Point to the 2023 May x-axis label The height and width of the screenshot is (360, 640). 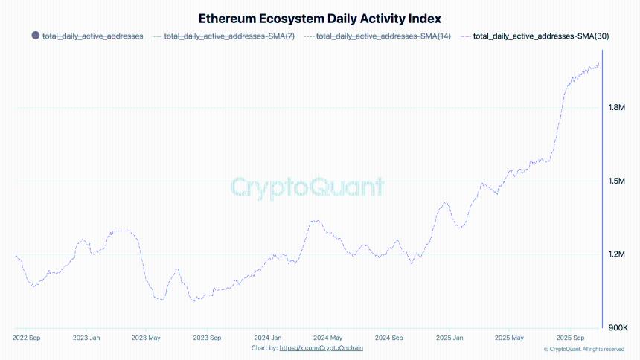(x=146, y=337)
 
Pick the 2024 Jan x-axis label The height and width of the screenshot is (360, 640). (x=267, y=337)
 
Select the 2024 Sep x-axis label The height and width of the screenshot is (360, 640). (x=388, y=337)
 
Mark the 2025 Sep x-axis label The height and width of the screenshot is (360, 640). (x=569, y=337)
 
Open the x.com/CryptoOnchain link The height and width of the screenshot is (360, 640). (x=321, y=347)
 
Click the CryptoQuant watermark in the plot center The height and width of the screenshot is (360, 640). (x=307, y=186)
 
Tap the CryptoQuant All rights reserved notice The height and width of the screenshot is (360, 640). (x=584, y=349)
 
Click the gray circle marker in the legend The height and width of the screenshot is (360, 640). (x=35, y=36)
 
